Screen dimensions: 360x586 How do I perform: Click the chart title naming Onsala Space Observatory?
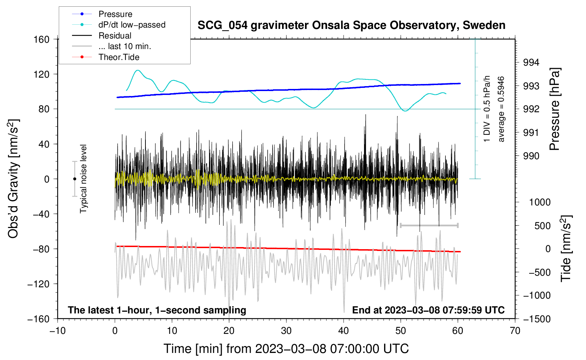351,25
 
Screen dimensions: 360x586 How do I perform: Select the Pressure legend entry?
115,14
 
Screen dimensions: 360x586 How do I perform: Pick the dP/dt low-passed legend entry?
132,25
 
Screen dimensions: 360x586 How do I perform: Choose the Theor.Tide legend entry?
119,57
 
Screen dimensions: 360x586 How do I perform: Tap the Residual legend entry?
115,36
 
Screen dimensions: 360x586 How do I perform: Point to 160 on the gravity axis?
42,40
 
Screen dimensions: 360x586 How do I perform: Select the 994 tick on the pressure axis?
531,63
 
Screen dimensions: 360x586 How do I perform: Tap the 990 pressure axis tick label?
531,156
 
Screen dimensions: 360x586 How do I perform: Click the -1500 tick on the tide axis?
537,319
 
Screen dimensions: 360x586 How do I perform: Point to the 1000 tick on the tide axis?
540,202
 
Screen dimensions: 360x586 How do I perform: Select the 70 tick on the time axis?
515,331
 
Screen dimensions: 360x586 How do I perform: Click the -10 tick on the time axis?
58,331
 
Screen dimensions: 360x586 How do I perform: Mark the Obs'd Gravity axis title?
13,179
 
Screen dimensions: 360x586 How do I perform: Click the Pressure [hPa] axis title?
555,109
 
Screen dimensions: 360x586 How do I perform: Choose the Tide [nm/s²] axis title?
566,248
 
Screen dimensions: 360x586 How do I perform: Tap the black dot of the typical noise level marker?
74,179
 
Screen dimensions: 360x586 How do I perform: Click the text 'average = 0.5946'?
501,109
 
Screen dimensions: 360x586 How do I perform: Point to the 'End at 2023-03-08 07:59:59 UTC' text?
428,310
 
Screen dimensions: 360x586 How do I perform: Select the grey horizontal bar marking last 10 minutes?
429,225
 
